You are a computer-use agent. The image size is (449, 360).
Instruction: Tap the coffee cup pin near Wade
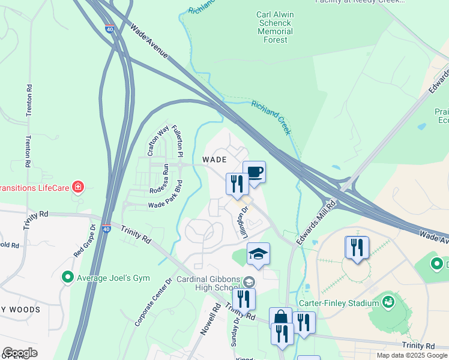click(x=254, y=173)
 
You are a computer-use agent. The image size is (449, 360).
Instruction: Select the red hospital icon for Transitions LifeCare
click(x=77, y=187)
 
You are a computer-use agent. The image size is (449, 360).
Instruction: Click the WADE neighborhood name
click(x=214, y=160)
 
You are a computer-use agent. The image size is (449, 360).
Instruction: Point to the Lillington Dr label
click(x=244, y=220)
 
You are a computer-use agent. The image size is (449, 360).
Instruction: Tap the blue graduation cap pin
click(x=258, y=254)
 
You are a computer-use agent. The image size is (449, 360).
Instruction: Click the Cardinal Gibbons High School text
click(x=207, y=283)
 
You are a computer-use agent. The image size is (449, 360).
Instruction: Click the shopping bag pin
click(x=280, y=319)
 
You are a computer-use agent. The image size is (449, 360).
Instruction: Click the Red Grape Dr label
click(x=85, y=241)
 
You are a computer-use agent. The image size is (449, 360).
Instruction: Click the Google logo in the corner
click(x=20, y=353)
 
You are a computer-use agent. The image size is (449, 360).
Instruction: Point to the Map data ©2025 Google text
click(x=411, y=355)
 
